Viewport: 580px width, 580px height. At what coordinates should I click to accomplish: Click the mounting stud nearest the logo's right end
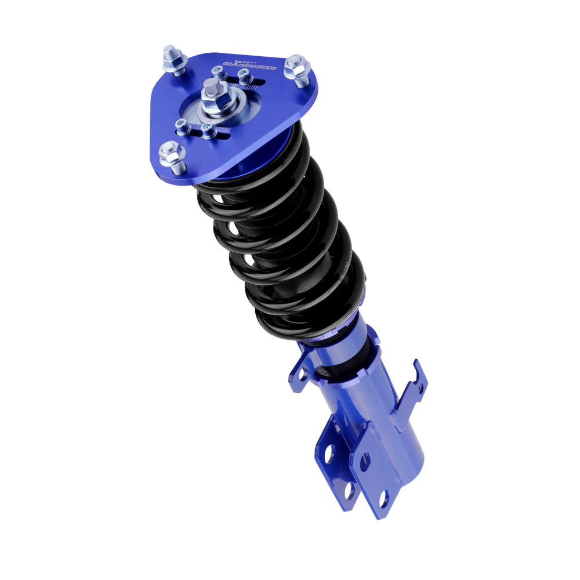click(298, 68)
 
